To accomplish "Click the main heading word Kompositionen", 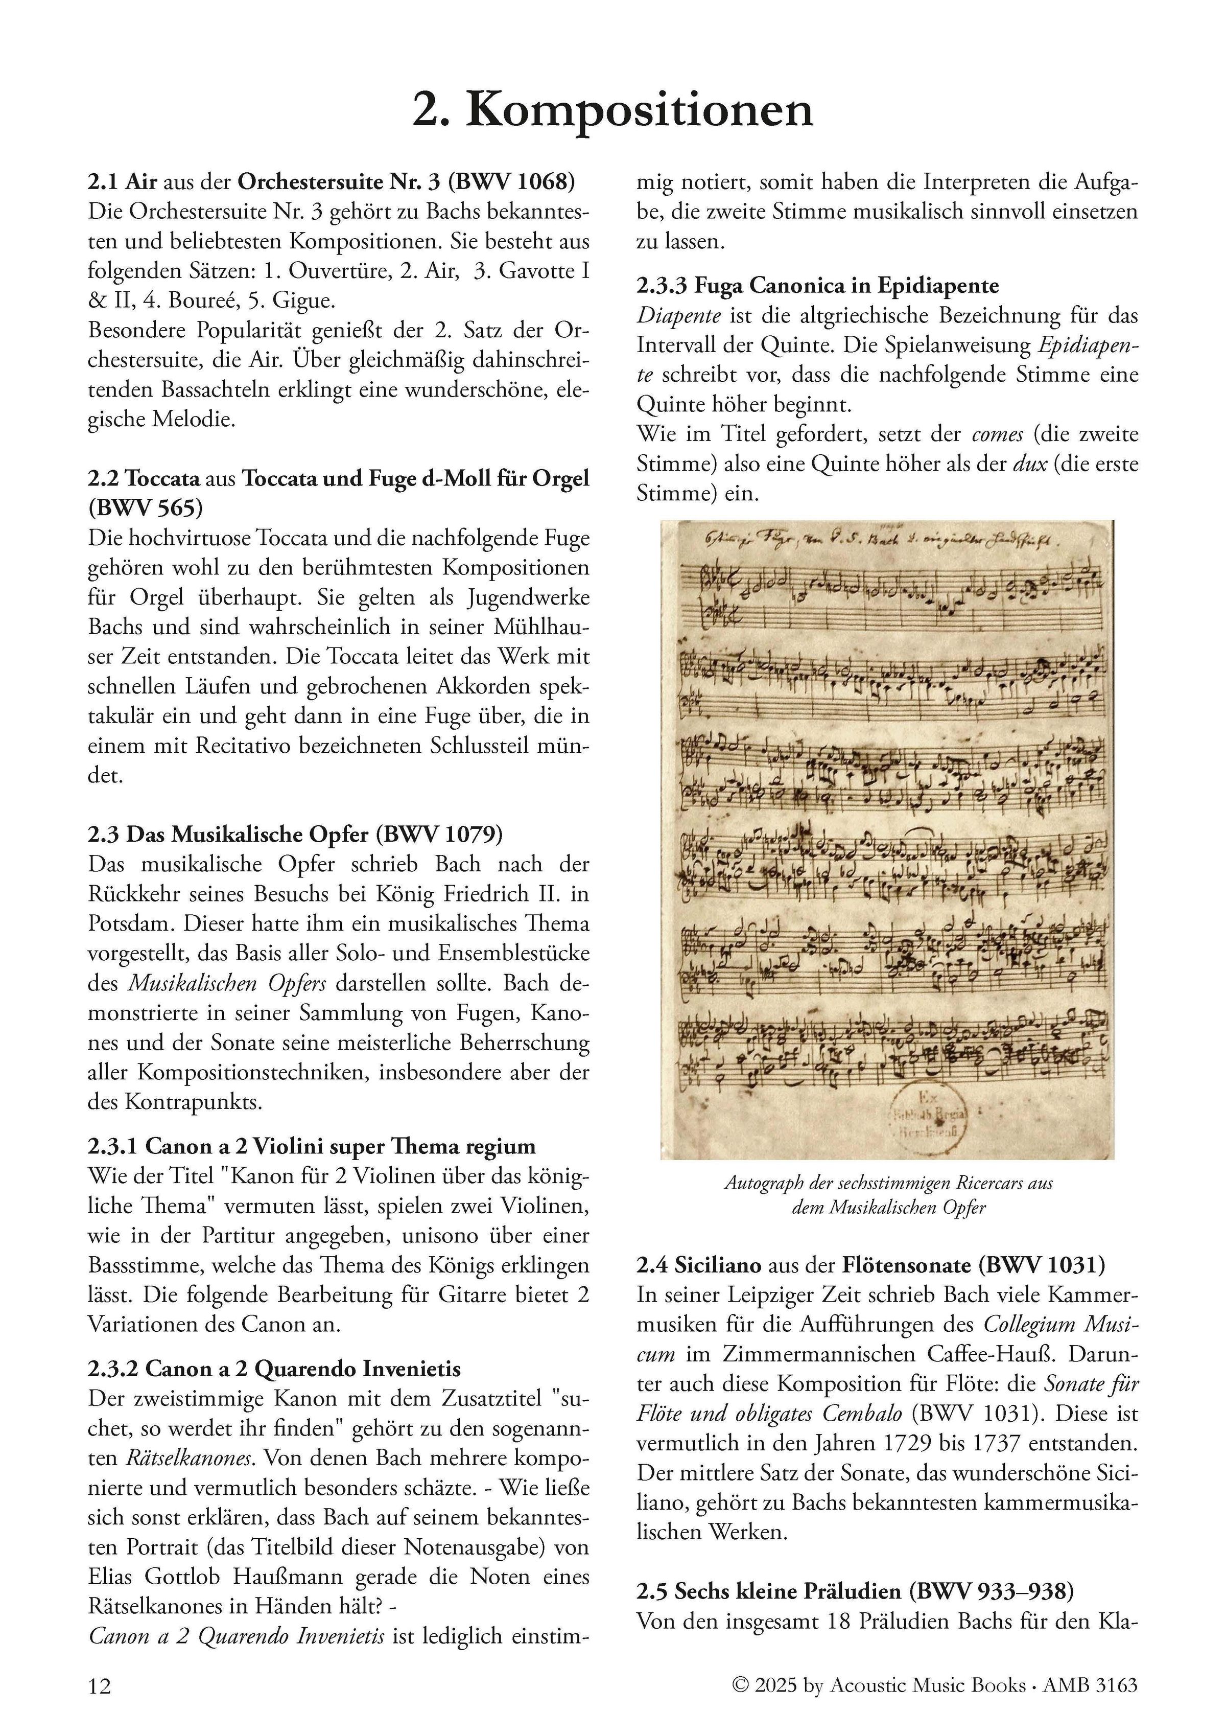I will coord(639,110).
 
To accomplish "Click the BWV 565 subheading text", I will coord(146,508).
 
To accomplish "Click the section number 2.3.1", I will coord(112,1146).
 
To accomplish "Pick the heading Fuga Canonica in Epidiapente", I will coord(846,286).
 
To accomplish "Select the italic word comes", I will coord(997,434).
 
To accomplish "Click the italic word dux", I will coord(1028,464).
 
